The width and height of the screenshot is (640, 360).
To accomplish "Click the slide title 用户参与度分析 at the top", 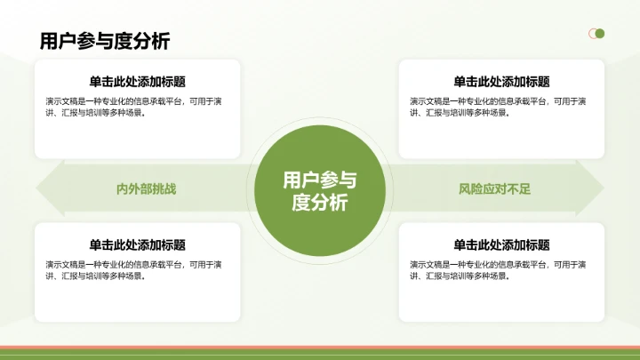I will click(x=105, y=40).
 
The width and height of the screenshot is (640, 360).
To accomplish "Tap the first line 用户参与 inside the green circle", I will click(x=319, y=180).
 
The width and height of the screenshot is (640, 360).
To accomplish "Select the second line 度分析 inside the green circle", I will click(x=319, y=203).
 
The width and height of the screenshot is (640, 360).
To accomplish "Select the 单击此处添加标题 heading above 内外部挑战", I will click(x=137, y=82).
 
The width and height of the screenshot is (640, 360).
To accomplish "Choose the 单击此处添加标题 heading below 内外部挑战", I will click(x=137, y=245).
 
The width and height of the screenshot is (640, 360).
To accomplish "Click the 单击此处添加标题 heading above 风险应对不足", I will click(x=501, y=82).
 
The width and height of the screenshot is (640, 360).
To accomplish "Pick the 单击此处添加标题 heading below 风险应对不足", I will click(x=501, y=245).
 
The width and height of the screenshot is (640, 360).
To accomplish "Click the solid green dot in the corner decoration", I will click(x=600, y=34).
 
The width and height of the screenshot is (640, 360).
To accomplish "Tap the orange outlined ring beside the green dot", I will click(x=591, y=34).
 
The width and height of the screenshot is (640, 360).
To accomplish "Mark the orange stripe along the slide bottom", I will click(x=320, y=348).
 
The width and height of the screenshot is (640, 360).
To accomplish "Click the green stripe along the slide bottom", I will click(x=320, y=355).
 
